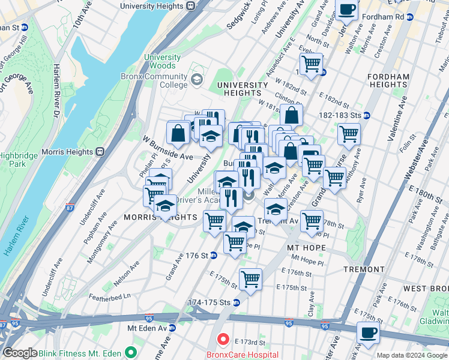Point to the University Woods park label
coord(162,61)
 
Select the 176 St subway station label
coord(196,256)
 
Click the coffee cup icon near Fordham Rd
coord(347,10)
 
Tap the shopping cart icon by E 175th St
coord(250,278)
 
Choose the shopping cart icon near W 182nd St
coord(311,63)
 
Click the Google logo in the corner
coord(20,353)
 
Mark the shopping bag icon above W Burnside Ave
coord(178,133)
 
